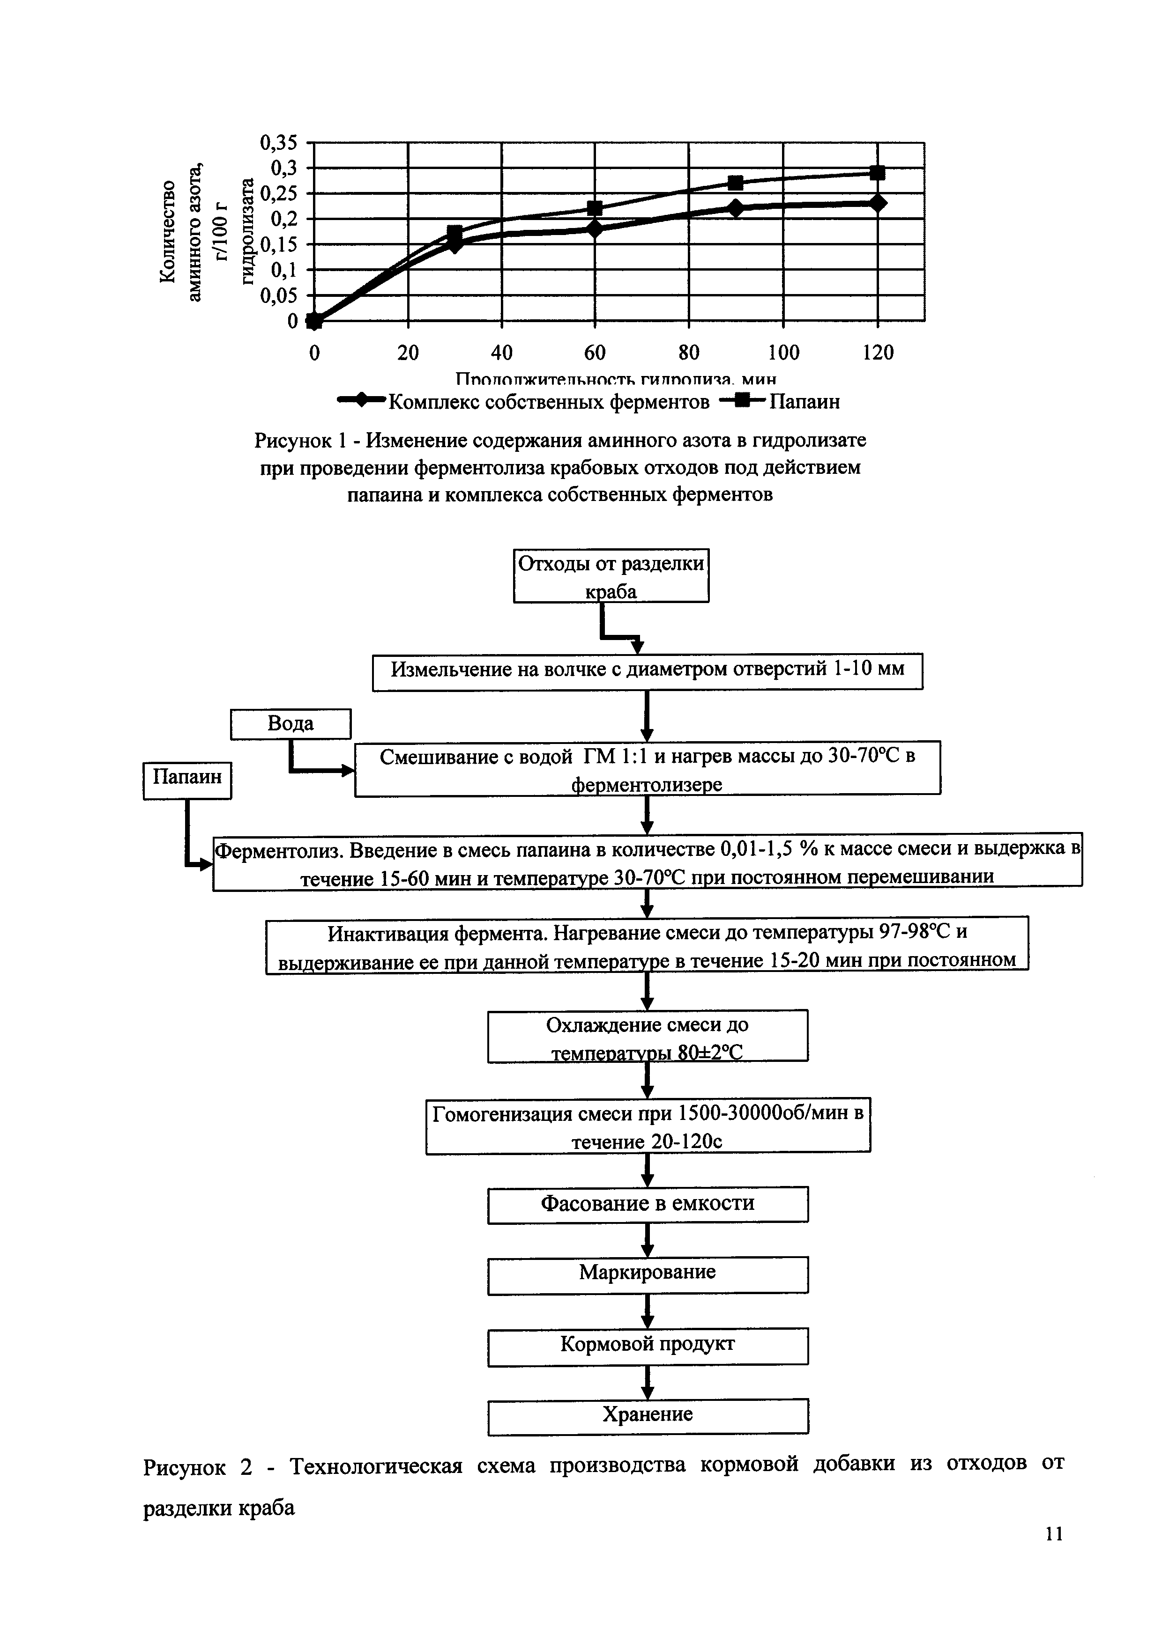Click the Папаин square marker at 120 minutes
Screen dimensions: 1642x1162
(x=877, y=172)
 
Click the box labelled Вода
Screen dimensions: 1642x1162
(x=290, y=724)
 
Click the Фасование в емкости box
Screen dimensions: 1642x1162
(x=648, y=1204)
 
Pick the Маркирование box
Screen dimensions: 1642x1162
(x=648, y=1274)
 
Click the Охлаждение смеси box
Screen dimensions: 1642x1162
(x=648, y=1035)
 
